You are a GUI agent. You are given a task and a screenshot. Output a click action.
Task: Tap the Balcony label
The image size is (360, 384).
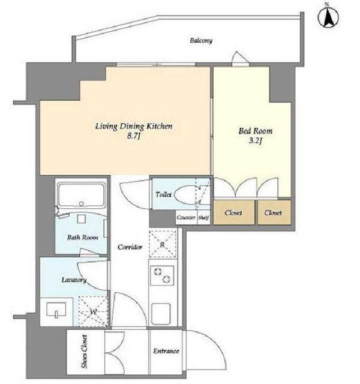tap(201, 40)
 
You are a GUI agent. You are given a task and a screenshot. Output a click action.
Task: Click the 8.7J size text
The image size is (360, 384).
tap(133, 136)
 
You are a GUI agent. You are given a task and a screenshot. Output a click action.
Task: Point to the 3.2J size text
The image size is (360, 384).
tap(256, 141)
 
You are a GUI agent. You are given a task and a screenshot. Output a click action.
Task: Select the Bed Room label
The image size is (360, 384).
tap(256, 131)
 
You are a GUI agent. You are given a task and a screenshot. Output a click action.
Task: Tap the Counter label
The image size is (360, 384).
tap(186, 217)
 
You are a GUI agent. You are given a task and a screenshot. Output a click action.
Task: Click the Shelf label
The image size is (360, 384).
tap(203, 217)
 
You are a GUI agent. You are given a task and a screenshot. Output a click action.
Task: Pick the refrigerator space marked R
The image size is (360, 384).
tap(163, 244)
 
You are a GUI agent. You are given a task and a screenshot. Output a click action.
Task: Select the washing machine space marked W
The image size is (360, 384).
tap(93, 311)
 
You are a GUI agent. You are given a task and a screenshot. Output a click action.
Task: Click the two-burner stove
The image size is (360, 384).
tap(162, 275)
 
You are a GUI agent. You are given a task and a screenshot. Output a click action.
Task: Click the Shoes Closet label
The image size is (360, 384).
tap(84, 352)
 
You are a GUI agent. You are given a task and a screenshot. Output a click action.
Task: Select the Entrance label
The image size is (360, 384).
tap(166, 351)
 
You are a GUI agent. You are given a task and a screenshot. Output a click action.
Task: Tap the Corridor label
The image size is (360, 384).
tap(130, 247)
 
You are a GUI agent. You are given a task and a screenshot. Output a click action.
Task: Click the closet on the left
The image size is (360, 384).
tap(233, 212)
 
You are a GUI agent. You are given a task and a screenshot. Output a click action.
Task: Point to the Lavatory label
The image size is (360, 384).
tap(74, 280)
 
